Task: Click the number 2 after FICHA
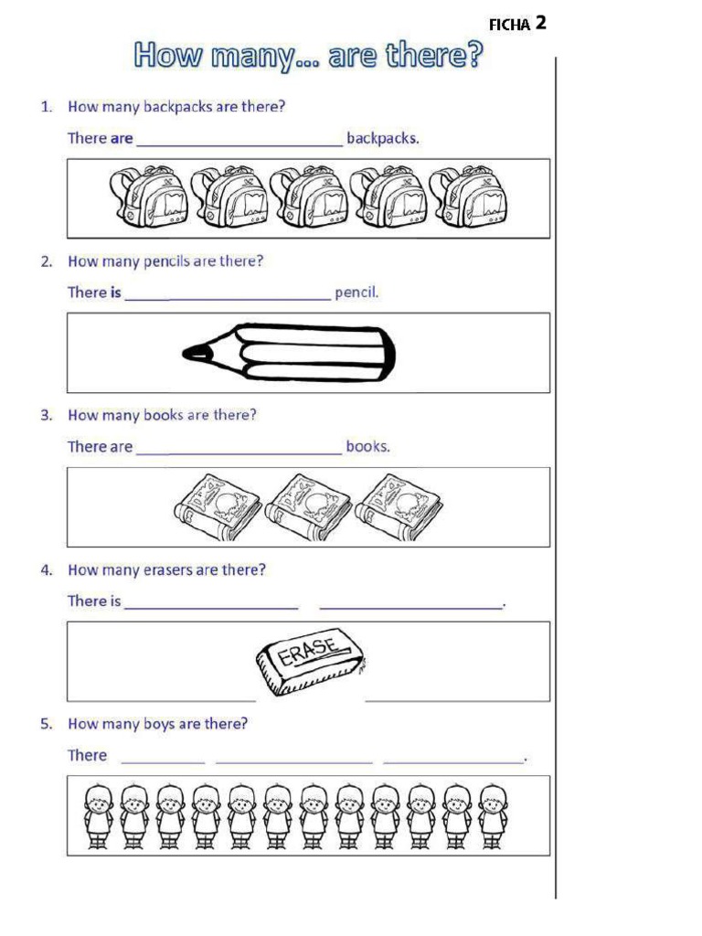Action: pyautogui.click(x=541, y=23)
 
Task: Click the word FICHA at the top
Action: pyautogui.click(x=509, y=26)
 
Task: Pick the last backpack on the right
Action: pyautogui.click(x=468, y=197)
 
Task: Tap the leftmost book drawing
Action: pyautogui.click(x=217, y=506)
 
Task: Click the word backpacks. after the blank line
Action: pyautogui.click(x=382, y=139)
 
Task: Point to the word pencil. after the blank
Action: pyautogui.click(x=356, y=292)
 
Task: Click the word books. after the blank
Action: pyautogui.click(x=367, y=447)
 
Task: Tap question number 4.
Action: pyautogui.click(x=46, y=569)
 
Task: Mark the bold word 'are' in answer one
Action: pyautogui.click(x=122, y=139)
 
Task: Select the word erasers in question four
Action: pyautogui.click(x=168, y=569)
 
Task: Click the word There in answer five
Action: pyautogui.click(x=87, y=755)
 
